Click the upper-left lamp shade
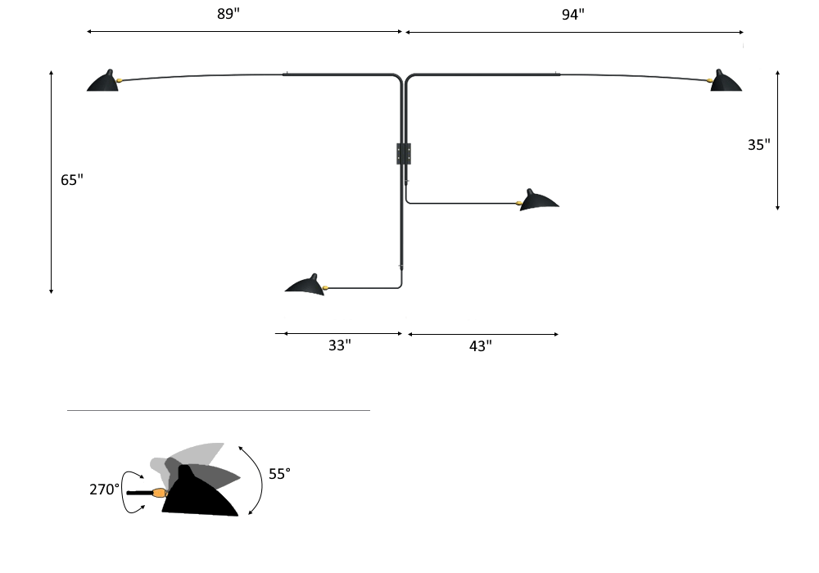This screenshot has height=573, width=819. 103,82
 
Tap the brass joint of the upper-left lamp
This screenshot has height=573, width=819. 120,79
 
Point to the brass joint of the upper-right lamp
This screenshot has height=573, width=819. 709,80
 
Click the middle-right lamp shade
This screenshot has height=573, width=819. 541,200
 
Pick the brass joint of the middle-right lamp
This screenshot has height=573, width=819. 520,202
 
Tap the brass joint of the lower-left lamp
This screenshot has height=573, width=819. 325,286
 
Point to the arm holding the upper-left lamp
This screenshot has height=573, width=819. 246,75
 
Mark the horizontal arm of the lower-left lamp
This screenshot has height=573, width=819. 360,287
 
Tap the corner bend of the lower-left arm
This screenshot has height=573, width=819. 400,284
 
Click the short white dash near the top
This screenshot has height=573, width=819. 622,31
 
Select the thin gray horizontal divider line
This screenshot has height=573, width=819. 218,410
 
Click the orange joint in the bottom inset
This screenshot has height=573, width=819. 159,493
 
